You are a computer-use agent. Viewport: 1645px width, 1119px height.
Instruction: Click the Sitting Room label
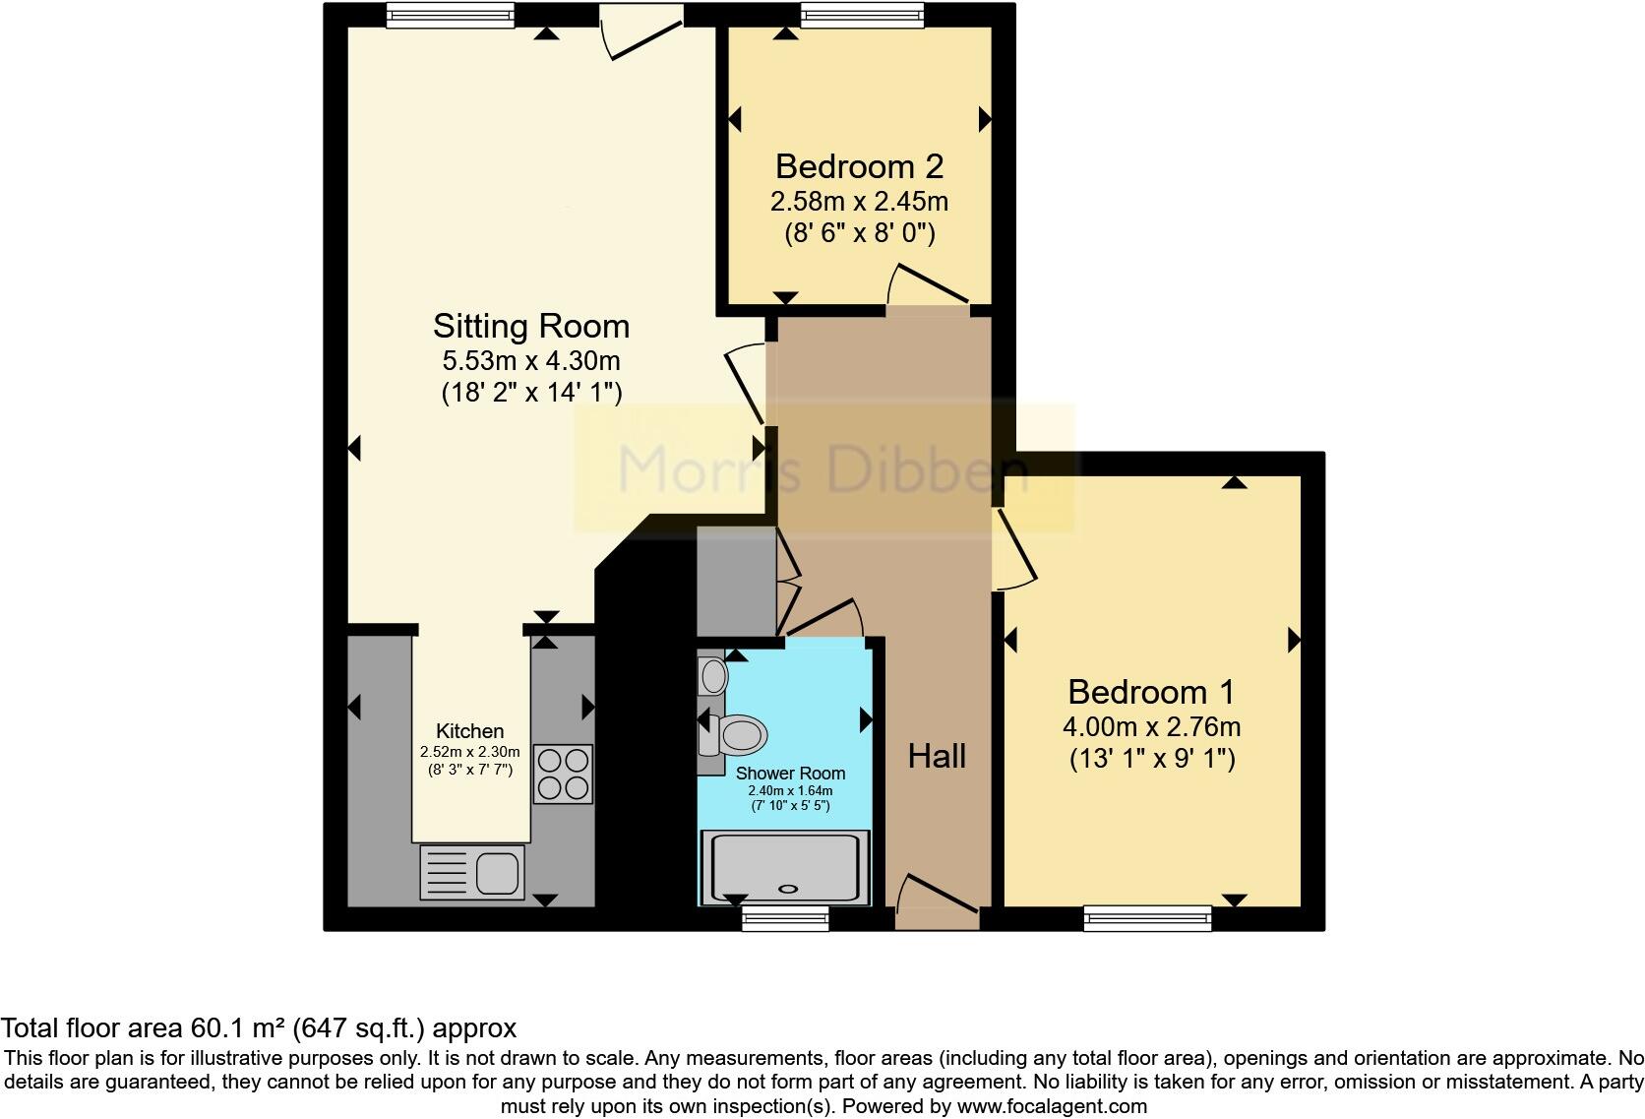tap(530, 327)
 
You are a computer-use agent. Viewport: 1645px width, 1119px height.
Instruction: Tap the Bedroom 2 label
tap(859, 166)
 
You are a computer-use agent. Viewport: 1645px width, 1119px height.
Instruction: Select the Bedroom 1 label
tap(1151, 693)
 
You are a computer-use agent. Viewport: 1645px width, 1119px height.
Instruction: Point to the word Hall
tap(937, 756)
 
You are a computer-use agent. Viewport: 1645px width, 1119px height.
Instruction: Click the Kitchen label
tap(470, 731)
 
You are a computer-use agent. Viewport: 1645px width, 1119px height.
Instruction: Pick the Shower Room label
tap(790, 774)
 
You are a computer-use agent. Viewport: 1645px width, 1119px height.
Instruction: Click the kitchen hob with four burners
tap(564, 774)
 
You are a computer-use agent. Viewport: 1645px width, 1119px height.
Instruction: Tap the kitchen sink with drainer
tap(472, 871)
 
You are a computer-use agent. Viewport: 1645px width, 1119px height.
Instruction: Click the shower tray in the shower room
tap(785, 867)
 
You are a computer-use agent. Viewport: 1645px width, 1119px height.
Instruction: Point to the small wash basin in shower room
tap(712, 676)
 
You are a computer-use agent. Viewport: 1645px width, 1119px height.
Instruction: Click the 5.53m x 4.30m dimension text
tap(531, 361)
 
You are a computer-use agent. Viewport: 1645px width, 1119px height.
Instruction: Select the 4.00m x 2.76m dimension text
tap(1151, 727)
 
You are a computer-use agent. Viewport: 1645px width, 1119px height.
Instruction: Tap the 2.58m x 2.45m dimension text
tap(859, 202)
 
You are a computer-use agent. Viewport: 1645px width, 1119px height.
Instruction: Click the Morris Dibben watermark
tap(822, 469)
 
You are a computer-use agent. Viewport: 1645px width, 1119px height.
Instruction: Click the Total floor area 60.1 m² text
tap(259, 1028)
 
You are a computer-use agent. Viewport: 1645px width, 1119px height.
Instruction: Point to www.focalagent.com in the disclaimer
tap(1050, 1106)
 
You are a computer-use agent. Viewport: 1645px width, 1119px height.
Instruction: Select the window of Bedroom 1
tap(1147, 917)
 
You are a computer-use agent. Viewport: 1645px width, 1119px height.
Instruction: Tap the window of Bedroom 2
tap(863, 14)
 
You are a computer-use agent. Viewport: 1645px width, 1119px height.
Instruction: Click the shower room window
tap(785, 918)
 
